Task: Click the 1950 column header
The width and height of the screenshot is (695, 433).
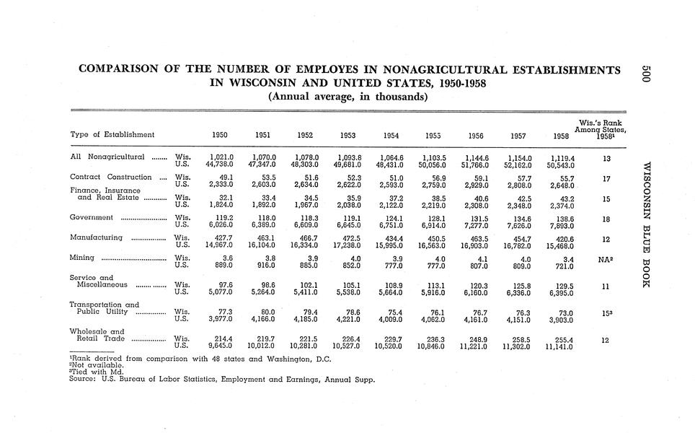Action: (220, 135)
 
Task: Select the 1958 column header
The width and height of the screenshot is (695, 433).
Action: (561, 135)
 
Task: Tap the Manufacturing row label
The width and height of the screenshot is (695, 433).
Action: (96, 237)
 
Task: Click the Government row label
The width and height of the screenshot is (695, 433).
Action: (92, 217)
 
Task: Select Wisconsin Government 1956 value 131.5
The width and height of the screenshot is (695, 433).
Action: (479, 217)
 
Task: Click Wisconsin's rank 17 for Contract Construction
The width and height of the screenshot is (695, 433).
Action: (606, 178)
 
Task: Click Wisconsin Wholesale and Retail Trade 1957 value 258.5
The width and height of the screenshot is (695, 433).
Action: (521, 338)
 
